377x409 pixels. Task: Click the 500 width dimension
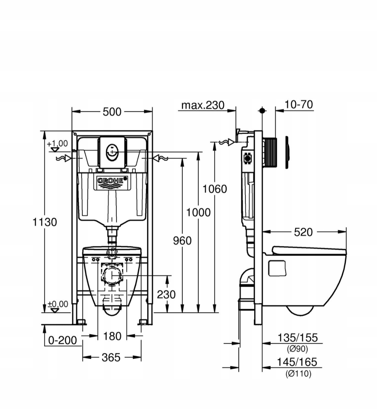point(112,112)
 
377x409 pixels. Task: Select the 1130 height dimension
point(45,222)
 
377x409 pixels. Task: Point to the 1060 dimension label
point(215,189)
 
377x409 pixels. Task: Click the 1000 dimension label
point(198,212)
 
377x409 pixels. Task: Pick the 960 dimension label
point(183,240)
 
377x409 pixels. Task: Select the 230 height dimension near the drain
point(166,295)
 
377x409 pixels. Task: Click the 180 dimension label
point(112,336)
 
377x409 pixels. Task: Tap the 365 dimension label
point(111,357)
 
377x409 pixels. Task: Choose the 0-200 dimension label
point(62,340)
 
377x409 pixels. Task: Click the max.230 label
point(203,105)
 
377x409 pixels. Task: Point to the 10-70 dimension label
point(298,104)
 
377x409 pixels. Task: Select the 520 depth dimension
point(303,232)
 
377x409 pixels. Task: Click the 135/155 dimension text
point(297,338)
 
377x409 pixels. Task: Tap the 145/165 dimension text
point(297,362)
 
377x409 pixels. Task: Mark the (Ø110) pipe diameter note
point(298,373)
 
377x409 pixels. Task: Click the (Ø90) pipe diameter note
point(297,348)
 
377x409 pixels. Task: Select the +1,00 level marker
point(57,144)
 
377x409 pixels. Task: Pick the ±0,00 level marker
point(58,304)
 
